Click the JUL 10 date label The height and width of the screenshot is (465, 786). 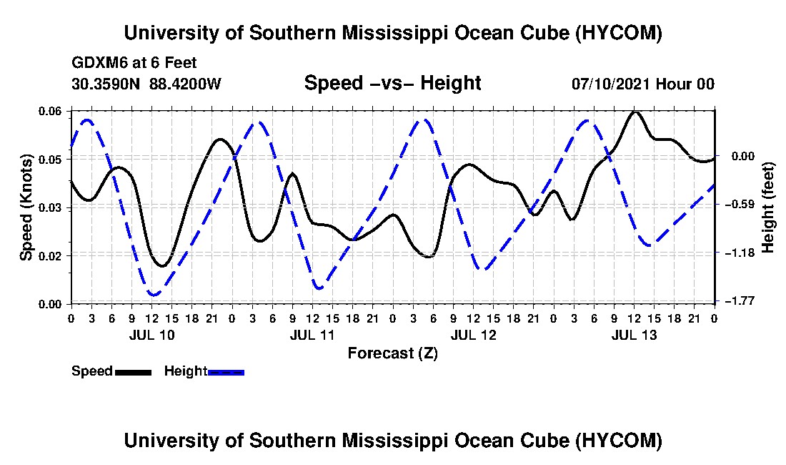tap(152, 335)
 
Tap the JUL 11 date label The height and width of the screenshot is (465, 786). tap(312, 335)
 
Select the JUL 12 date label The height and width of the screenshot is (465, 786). tap(473, 335)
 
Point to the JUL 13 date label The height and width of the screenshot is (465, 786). tap(634, 335)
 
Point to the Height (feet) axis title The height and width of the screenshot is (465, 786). tap(767, 207)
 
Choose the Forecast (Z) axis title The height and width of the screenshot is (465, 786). tap(393, 353)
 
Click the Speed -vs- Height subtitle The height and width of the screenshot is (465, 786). tap(393, 83)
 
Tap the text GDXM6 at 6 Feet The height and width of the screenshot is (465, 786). tap(134, 63)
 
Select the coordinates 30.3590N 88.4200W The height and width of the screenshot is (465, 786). tap(146, 83)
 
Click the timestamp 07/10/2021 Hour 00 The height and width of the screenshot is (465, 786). tap(643, 84)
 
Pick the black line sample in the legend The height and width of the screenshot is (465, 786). tap(133, 372)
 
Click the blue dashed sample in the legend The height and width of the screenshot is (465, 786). tap(226, 372)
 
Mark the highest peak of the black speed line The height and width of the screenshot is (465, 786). tap(635, 112)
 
